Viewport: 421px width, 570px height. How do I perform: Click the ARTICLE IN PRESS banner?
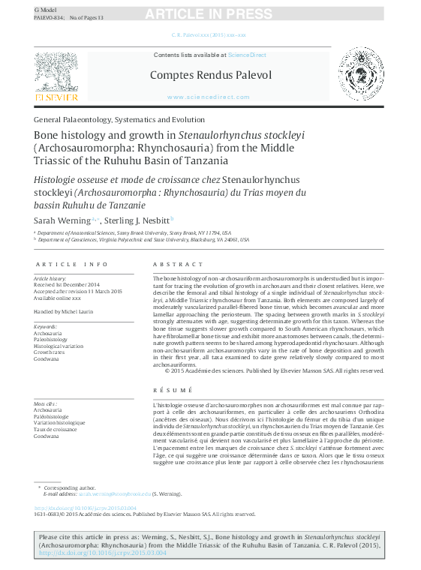coord(211,14)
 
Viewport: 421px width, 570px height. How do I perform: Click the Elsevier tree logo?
coord(56,73)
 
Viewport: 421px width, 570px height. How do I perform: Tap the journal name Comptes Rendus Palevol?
coord(211,75)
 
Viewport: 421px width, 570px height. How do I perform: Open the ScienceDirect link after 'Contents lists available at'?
coord(247,55)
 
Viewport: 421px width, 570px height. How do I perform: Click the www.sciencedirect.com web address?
coord(209,97)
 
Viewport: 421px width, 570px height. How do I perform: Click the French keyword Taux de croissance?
coord(55,429)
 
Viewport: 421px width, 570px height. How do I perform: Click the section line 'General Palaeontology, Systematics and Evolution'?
coord(119,119)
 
